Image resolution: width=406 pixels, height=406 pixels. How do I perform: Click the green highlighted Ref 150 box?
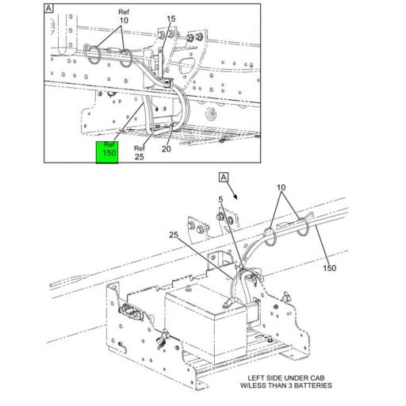coord(107,151)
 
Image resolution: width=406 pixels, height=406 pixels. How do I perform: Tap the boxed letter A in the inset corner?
coord(49,9)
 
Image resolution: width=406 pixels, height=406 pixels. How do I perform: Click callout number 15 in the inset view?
coord(170,18)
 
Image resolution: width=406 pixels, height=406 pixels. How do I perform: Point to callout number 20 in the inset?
coord(167,148)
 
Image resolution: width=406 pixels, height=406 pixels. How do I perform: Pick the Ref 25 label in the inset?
coord(140,151)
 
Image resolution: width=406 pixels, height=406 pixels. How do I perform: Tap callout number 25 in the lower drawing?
coord(174,235)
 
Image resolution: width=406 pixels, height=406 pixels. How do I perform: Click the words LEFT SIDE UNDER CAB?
coord(286,377)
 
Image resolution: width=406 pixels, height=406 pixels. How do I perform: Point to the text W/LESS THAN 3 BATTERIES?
coord(286,386)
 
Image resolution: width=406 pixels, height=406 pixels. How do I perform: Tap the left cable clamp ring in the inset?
coord(93,56)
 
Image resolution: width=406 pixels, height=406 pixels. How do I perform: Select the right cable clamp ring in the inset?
coord(128,57)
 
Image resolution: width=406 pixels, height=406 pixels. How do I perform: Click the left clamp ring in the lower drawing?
coord(269,236)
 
